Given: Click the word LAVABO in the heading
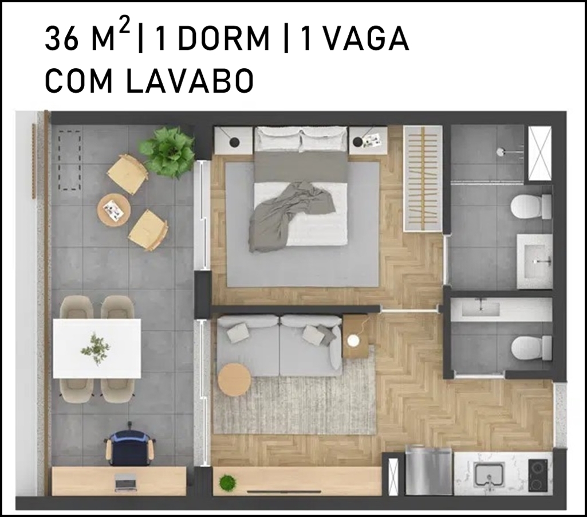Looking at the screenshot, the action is (x=190, y=81).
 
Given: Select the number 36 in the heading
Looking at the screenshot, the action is (x=62, y=39).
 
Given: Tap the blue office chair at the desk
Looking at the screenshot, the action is (x=129, y=445).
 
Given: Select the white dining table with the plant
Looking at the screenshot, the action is (x=97, y=348).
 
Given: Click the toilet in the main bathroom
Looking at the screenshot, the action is (x=531, y=206).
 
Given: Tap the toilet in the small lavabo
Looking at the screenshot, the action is (x=531, y=347).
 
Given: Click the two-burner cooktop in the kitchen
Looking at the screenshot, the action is (x=539, y=475).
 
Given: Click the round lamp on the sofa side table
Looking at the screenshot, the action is (x=353, y=341).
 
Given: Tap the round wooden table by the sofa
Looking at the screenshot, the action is (x=234, y=379).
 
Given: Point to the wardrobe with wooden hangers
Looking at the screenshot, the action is (x=423, y=179).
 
